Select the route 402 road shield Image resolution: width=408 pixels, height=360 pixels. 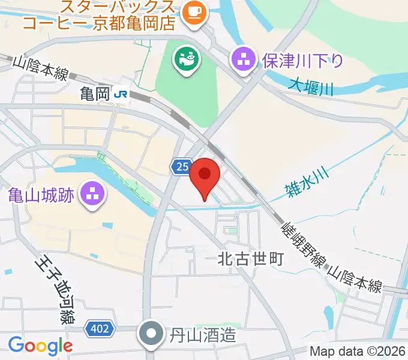point(98,328)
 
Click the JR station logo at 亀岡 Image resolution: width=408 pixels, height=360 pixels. point(122,94)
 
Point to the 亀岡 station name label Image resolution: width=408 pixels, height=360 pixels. point(96,94)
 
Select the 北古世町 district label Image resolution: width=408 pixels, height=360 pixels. point(249,259)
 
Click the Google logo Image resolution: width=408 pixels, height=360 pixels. point(40,346)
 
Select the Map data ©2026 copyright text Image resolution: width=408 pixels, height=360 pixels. point(358,351)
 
